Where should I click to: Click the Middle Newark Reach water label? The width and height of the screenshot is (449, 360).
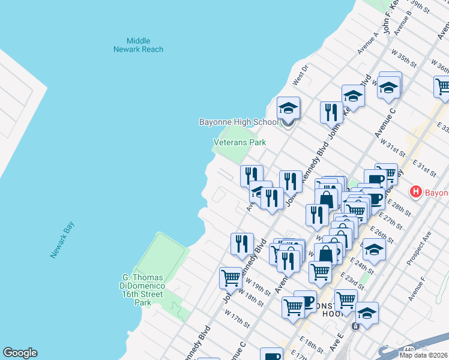[x=138, y=45]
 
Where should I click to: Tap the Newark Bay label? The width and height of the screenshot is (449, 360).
[x=62, y=240]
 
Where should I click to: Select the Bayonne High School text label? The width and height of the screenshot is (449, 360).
[x=239, y=122]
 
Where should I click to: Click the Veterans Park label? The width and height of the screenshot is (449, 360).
[x=240, y=143]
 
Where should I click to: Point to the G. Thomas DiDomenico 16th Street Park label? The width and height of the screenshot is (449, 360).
[x=142, y=290]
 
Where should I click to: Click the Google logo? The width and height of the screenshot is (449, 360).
[x=20, y=353]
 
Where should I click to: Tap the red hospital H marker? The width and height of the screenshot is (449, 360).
[x=415, y=193]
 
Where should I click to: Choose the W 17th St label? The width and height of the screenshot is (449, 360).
[x=237, y=318]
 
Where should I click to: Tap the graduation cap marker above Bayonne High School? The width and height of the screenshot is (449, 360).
[x=288, y=109]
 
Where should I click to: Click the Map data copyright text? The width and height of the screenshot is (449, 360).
[x=423, y=355]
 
